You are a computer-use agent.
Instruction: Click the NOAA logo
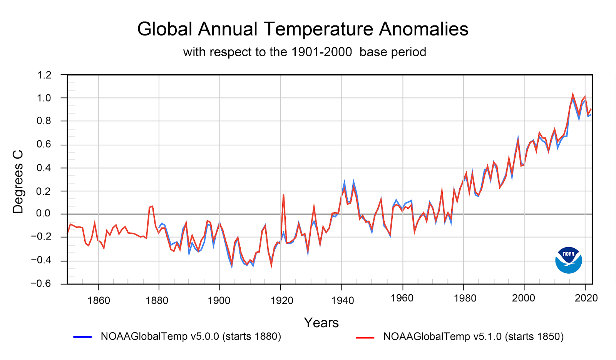click(568, 260)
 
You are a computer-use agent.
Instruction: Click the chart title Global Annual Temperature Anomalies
click(303, 29)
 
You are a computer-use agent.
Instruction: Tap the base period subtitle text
click(304, 52)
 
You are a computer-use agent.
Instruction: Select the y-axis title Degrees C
click(18, 182)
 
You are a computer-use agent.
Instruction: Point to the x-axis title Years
click(321, 323)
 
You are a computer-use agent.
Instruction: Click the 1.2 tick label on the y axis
click(44, 75)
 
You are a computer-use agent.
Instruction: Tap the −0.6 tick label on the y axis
click(41, 284)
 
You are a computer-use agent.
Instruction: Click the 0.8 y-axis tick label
click(44, 121)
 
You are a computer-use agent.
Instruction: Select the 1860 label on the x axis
click(99, 300)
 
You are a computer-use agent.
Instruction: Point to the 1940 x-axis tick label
click(342, 300)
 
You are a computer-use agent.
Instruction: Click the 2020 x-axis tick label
click(586, 298)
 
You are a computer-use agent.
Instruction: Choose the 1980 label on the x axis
click(465, 298)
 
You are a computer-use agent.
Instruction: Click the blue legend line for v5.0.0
click(82, 337)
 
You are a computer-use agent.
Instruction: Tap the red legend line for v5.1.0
click(365, 338)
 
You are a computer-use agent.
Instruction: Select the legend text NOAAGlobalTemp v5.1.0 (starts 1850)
click(473, 337)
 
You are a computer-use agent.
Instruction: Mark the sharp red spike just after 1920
click(283, 195)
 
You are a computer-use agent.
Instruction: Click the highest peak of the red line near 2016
click(573, 94)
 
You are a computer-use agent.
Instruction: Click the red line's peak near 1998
click(518, 139)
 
